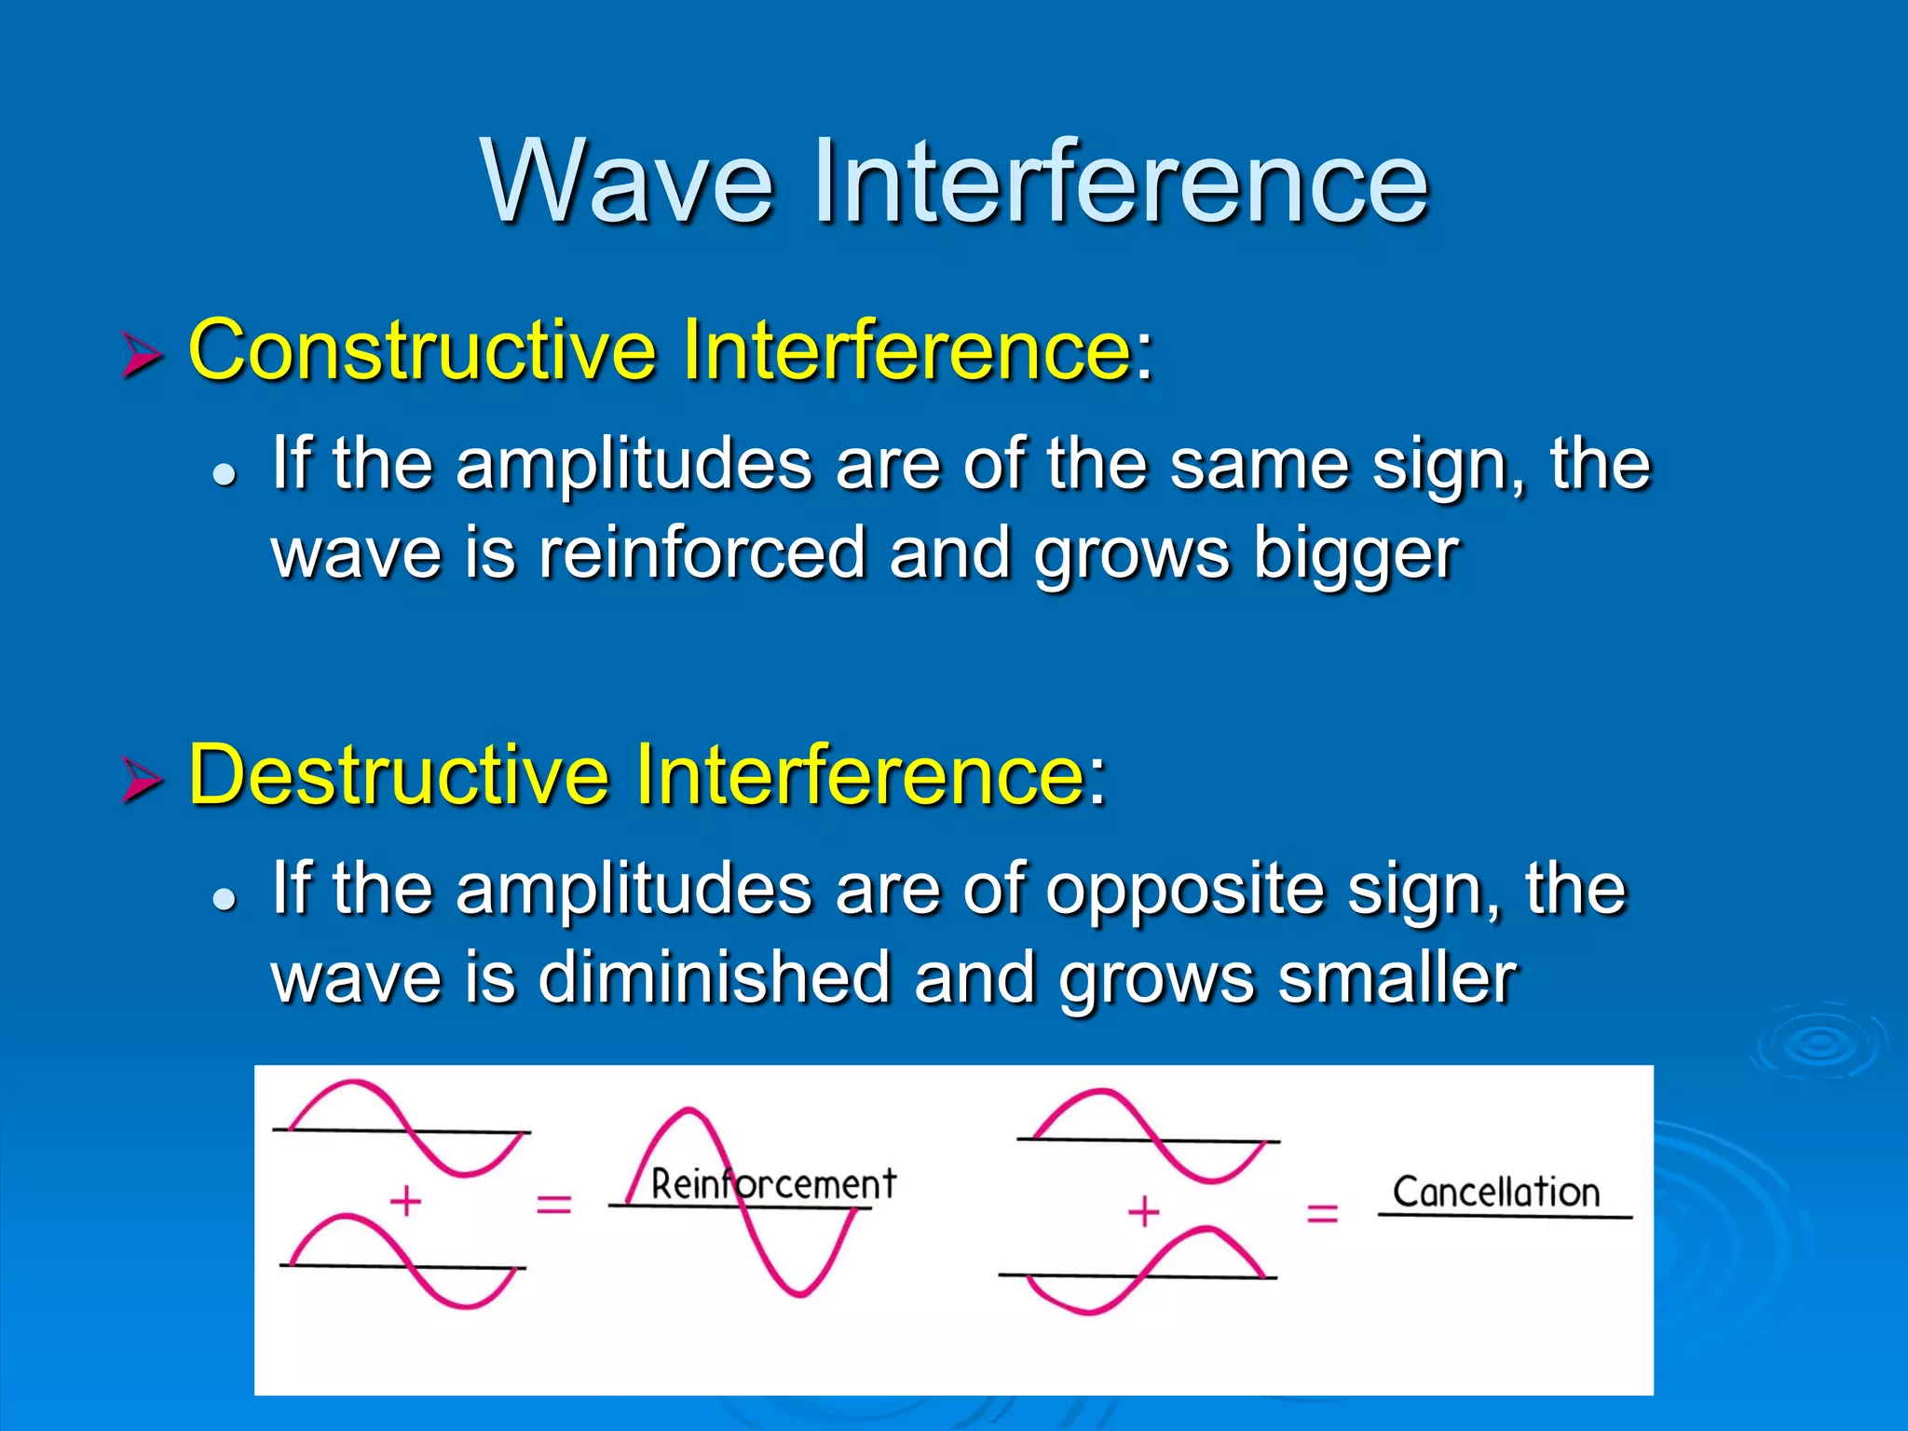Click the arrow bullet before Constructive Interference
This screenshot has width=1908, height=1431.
pyautogui.click(x=142, y=357)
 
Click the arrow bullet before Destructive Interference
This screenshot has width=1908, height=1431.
pyautogui.click(x=142, y=781)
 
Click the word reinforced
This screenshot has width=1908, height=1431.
pyautogui.click(x=702, y=553)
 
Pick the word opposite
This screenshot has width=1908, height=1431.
pyautogui.click(x=1184, y=891)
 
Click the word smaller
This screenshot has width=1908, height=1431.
pyautogui.click(x=1397, y=978)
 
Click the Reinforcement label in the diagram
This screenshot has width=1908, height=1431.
pyautogui.click(x=773, y=1184)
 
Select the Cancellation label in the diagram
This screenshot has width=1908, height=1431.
pyautogui.click(x=1496, y=1192)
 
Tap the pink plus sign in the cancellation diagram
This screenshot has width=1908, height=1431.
pyautogui.click(x=1143, y=1212)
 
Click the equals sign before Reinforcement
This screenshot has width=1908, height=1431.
pyautogui.click(x=553, y=1204)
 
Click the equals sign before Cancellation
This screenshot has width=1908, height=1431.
pyautogui.click(x=1322, y=1213)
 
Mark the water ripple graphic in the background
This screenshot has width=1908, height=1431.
pyautogui.click(x=1819, y=1043)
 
